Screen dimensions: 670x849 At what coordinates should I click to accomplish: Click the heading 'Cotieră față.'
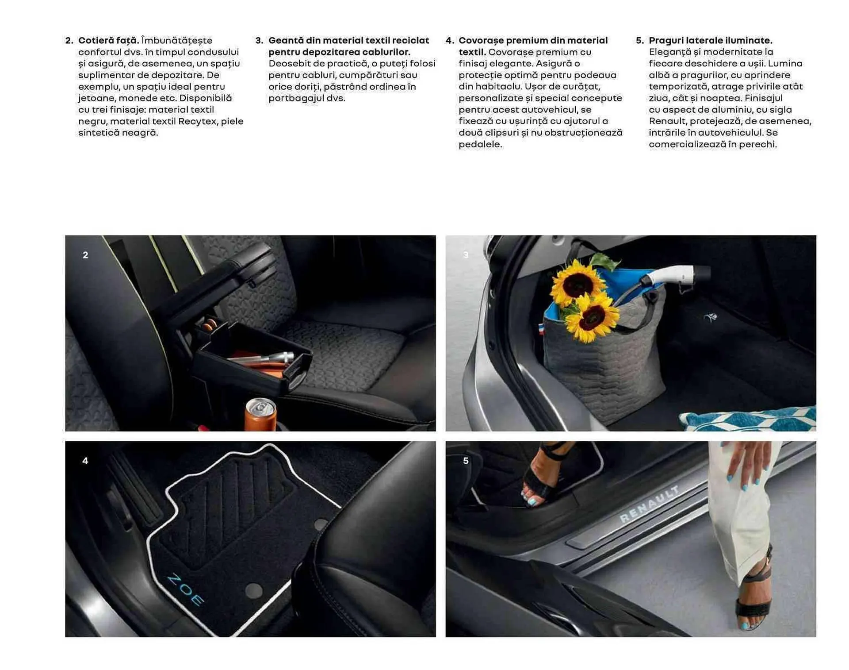108,40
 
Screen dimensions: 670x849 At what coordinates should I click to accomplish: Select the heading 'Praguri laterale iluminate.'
710,40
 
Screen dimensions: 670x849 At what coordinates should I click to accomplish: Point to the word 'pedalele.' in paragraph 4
480,144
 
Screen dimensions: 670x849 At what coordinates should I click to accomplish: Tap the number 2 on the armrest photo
85,255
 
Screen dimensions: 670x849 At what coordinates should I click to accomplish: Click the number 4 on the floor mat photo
85,461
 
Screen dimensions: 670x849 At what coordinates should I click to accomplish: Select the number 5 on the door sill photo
466,461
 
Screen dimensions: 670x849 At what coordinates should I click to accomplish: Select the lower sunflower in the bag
592,318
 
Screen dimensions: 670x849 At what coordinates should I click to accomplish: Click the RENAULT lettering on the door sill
649,504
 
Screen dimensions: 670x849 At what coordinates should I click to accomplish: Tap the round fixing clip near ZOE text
253,590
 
